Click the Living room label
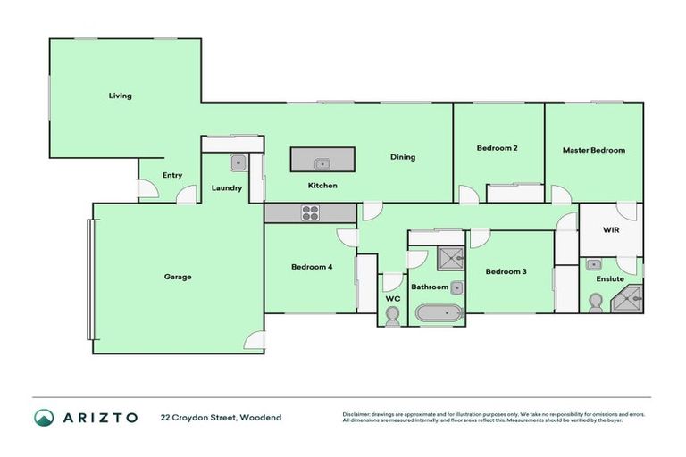pos(121,96)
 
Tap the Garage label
pos(177,277)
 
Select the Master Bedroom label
pos(593,150)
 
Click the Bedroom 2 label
pos(498,148)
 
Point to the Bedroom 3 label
pos(506,271)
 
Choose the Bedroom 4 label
pos(313,267)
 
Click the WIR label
pos(611,229)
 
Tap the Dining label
pos(403,157)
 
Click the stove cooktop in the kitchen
pos(310,212)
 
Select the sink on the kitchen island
pos(322,163)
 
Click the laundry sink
pos(238,163)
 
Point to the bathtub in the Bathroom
pos(439,314)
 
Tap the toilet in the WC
pos(392,314)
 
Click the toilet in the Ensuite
pos(596,302)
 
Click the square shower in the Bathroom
pos(450,259)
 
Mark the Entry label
pos(172,175)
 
